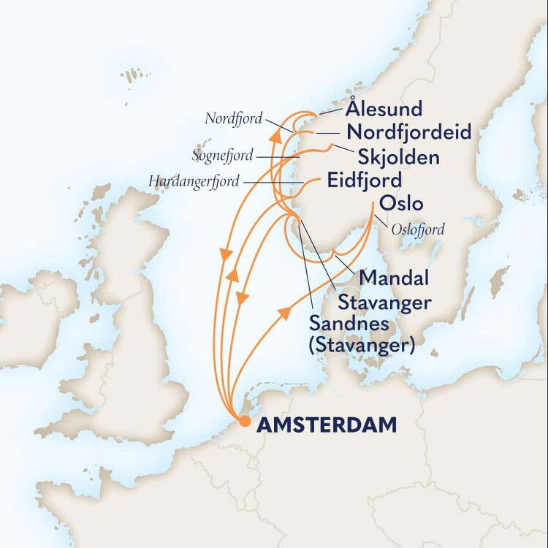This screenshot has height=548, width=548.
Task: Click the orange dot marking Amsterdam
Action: (245, 422)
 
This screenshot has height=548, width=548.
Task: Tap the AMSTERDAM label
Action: (327, 424)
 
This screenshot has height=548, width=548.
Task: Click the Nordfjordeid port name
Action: (409, 133)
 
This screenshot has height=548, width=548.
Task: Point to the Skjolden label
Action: (399, 157)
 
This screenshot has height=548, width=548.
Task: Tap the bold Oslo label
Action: (401, 203)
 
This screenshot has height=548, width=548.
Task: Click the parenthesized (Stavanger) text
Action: (362, 346)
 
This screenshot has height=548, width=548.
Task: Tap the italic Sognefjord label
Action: (223, 156)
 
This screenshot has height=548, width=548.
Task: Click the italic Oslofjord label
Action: (418, 229)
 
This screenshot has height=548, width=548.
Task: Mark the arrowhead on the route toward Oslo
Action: (284, 312)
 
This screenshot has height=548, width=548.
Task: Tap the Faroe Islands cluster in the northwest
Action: (134, 75)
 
